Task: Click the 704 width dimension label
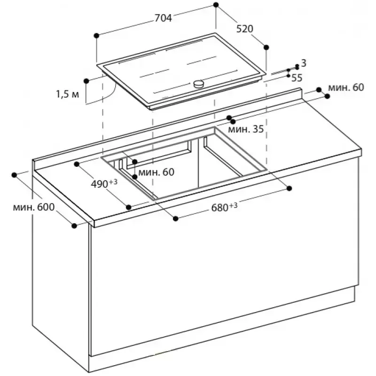point(163,18)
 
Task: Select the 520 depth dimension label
point(244,29)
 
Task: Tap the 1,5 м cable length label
point(68,94)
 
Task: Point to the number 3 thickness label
point(304,63)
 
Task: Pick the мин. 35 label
point(246,129)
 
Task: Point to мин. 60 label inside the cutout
point(157,172)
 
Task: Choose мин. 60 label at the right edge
point(346,87)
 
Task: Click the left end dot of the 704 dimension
point(96,35)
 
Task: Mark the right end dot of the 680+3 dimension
point(289,188)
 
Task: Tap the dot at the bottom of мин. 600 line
point(74,226)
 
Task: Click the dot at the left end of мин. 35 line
point(229,118)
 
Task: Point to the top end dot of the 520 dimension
point(216,5)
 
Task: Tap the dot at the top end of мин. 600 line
point(15,174)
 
